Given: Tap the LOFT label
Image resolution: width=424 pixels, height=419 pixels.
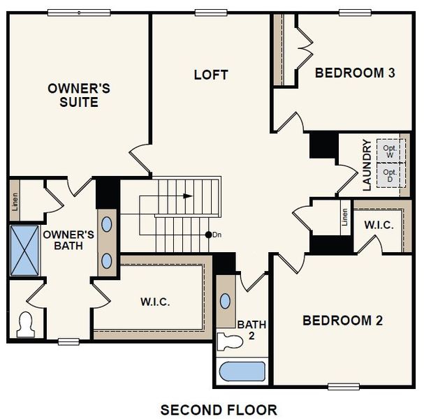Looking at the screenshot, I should coord(211,75).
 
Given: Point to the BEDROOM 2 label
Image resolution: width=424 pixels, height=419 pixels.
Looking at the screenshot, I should coord(342,321).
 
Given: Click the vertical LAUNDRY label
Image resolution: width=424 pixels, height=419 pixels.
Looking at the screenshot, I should coord(367,166).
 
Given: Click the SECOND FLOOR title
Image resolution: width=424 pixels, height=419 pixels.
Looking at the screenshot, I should coord(219,409).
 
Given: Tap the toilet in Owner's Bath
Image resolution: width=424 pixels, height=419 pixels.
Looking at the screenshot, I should coord(27,325).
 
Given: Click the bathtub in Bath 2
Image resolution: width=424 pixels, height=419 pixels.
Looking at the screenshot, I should coord(242,371).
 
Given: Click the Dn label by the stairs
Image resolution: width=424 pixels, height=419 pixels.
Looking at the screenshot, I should coord(217,235).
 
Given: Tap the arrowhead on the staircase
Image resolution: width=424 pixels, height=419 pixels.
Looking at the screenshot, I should coord(187,196).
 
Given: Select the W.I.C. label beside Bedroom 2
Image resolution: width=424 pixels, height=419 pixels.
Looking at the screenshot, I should coord(378,225).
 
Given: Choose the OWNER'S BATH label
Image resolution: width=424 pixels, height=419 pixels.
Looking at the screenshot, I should coord(68,240).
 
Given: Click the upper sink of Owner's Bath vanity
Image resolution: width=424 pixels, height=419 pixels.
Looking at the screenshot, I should coord(108,224).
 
